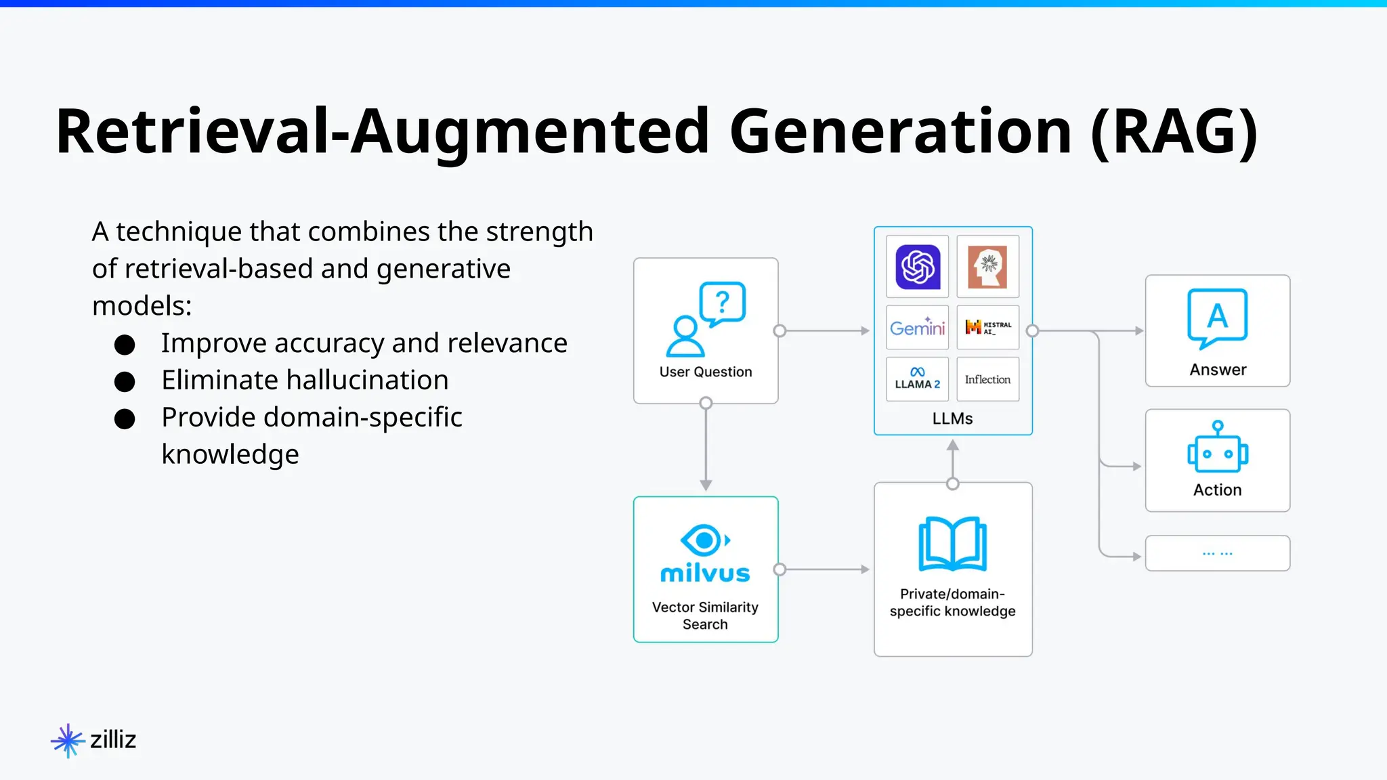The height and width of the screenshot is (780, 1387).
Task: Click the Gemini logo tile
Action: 917,328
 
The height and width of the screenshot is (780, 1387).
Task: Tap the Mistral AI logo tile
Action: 987,328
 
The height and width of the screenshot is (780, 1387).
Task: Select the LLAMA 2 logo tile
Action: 917,379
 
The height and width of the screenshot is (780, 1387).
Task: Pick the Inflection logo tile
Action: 987,379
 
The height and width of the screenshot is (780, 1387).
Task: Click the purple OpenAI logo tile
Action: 917,267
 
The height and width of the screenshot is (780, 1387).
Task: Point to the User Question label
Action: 706,372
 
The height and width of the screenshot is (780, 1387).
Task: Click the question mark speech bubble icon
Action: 723,303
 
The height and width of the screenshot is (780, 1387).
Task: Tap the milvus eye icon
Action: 704,540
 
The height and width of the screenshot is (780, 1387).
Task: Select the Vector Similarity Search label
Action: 705,615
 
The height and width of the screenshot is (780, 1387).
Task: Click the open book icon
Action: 952,544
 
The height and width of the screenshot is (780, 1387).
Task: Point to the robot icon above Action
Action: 1217,448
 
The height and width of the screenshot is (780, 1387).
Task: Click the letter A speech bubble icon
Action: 1217,318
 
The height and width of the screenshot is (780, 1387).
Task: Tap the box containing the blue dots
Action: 1217,553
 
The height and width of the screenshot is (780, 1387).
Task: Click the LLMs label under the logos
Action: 952,418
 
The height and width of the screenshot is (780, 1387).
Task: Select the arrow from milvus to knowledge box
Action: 824,569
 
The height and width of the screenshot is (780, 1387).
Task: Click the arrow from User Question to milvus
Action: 706,447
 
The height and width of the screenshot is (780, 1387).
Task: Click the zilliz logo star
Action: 68,740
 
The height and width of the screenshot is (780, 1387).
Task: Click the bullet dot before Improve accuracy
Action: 125,345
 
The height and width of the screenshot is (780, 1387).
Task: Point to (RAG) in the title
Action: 1174,131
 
